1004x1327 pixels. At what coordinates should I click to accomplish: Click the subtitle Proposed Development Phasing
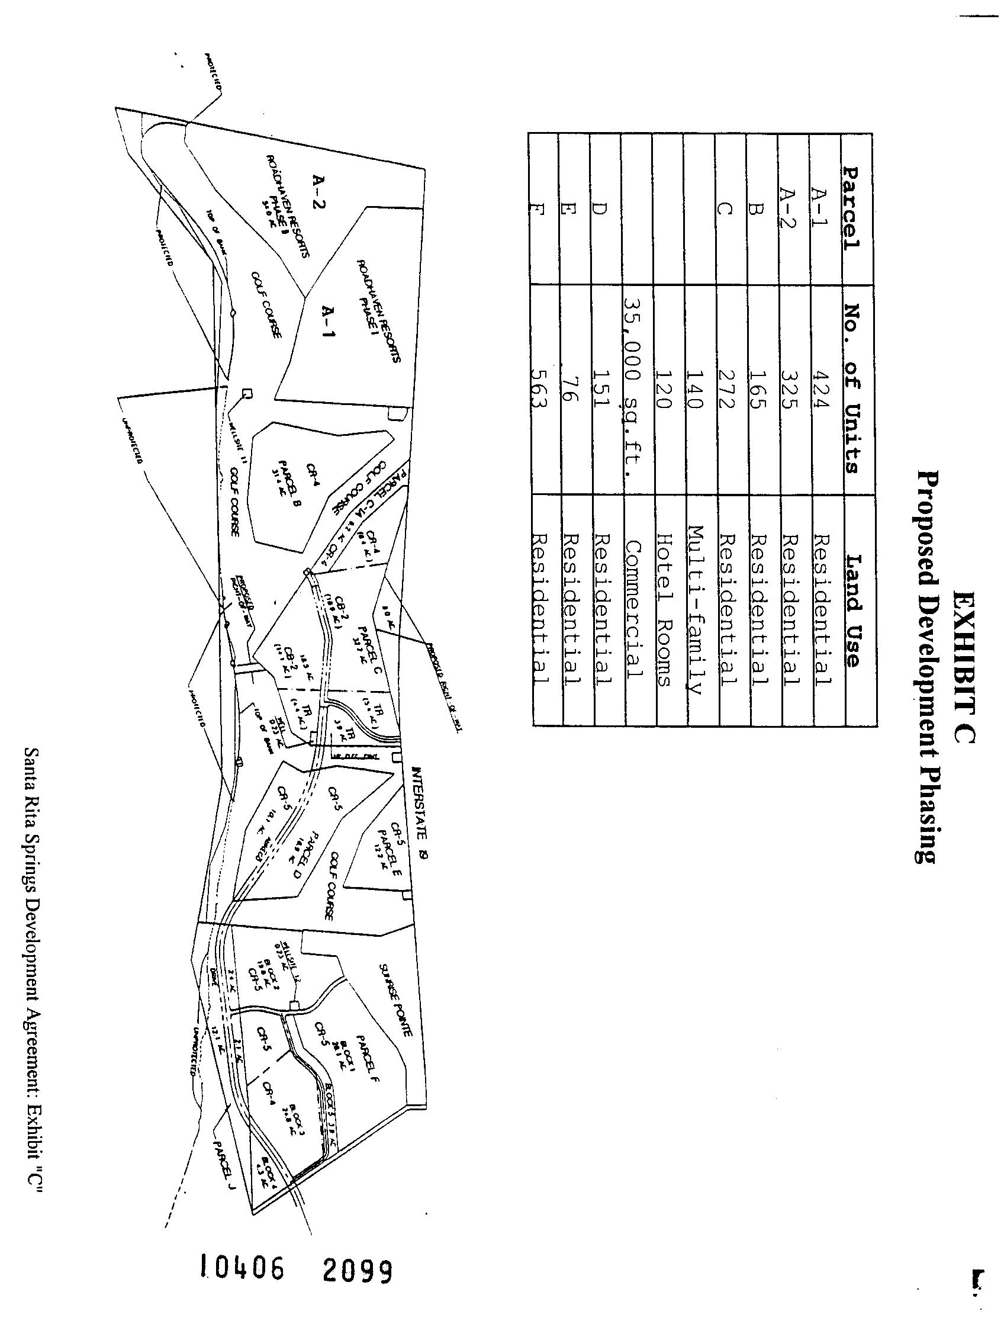[x=928, y=666]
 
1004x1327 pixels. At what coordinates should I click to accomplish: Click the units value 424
[x=820, y=388]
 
